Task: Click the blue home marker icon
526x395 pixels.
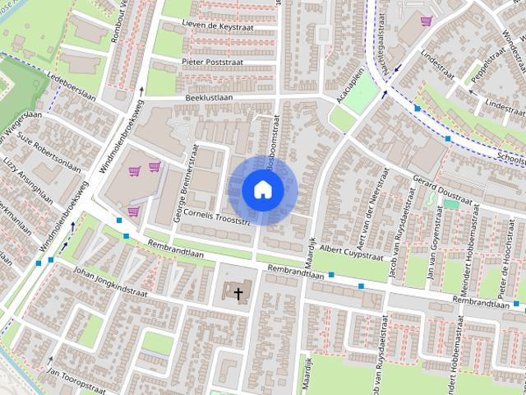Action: [x=263, y=189]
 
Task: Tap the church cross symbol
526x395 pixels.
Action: [x=239, y=292]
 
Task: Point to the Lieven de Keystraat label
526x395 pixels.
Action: [x=217, y=26]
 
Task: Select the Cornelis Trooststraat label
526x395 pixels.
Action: [x=216, y=217]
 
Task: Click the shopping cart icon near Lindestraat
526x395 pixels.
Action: [x=426, y=21]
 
